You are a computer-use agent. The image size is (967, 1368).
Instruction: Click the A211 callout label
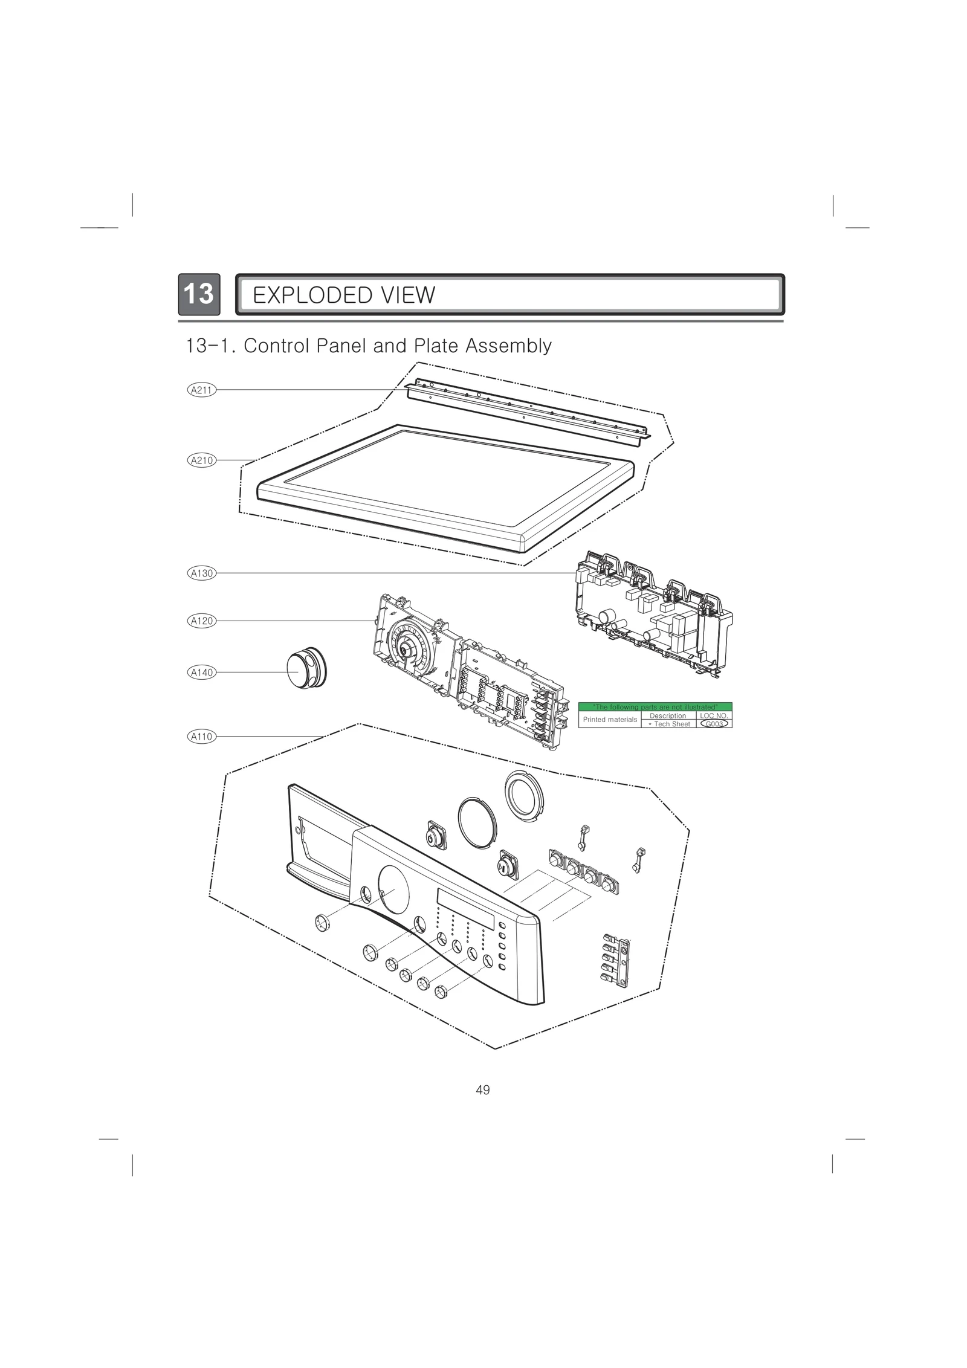click(x=201, y=390)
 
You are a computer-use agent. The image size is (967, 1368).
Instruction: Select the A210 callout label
click(x=201, y=460)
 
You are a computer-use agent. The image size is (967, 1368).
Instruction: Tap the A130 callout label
click(x=201, y=573)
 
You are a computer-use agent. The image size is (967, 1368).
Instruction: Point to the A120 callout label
click(x=201, y=621)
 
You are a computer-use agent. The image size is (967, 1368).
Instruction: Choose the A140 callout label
click(x=201, y=672)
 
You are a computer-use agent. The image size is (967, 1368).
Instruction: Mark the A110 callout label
click(x=201, y=737)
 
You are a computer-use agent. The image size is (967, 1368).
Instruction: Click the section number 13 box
click(x=199, y=294)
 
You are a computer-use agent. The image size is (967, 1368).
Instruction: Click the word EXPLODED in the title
click(x=304, y=295)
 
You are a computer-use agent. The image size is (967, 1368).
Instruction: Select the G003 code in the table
click(x=714, y=724)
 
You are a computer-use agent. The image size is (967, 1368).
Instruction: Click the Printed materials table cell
click(x=609, y=720)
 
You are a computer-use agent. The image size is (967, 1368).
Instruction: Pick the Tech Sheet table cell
click(x=668, y=724)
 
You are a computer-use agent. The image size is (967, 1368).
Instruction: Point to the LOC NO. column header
click(x=714, y=715)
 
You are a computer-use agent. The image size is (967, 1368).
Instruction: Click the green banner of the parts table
click(x=655, y=707)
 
